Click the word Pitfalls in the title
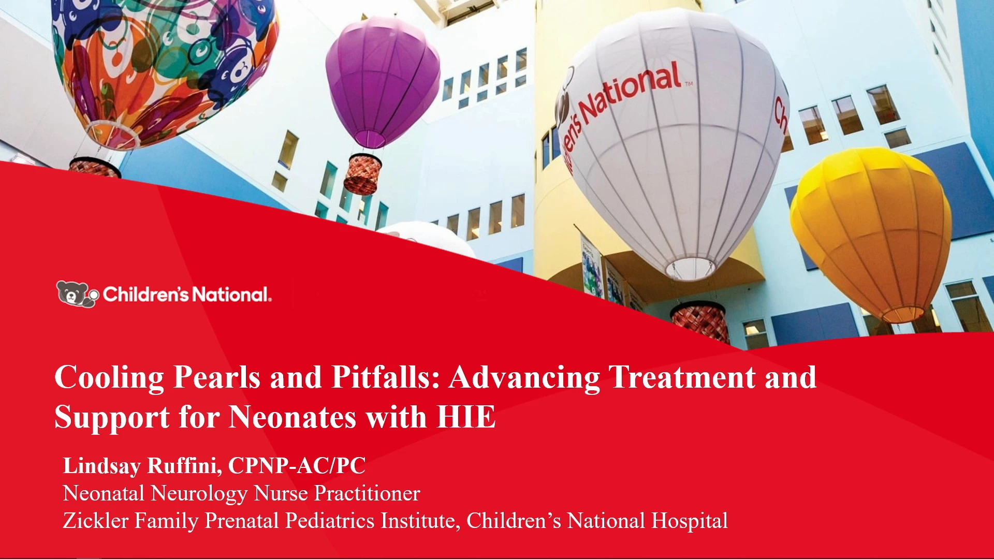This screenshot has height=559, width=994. point(385,377)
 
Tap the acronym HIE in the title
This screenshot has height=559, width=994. point(466,417)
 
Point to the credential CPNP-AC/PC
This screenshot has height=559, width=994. point(297,465)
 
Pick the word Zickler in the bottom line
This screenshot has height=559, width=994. point(95,521)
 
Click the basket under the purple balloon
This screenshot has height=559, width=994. point(362,174)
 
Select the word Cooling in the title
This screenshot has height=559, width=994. point(109,378)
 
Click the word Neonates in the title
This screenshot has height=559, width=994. point(293,417)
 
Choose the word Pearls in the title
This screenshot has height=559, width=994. point(216,377)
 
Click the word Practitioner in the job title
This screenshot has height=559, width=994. point(367,493)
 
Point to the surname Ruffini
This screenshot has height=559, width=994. point(185,466)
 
